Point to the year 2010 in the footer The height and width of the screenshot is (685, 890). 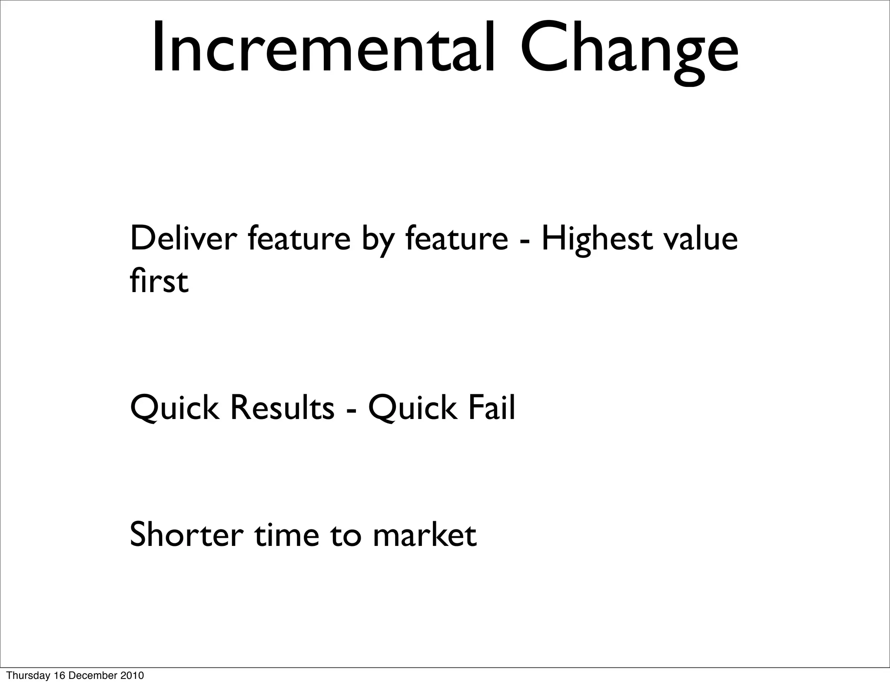pos(133,675)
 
